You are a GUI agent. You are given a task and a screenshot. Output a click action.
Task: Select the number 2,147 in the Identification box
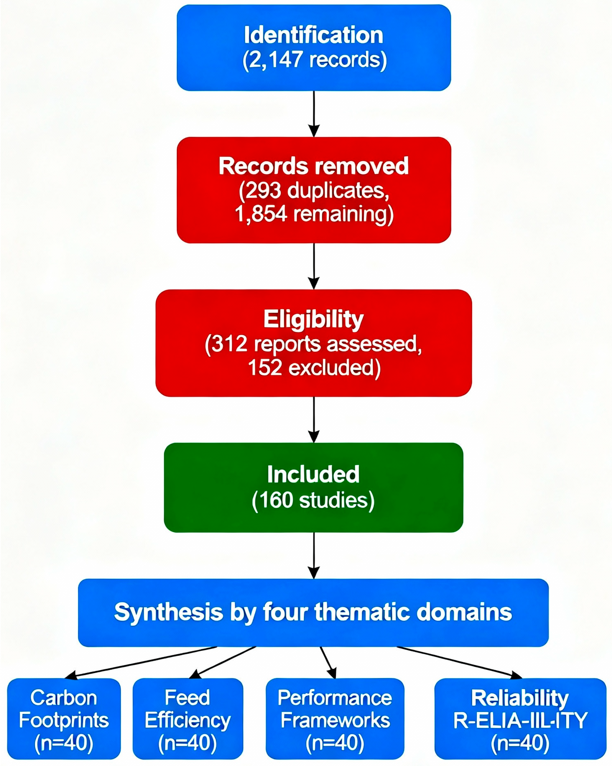tap(275, 60)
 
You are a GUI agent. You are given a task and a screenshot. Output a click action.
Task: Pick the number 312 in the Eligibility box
tap(230, 344)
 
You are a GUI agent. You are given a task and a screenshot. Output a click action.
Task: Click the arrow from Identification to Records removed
tap(314, 114)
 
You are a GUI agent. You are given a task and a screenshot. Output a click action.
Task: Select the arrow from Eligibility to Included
tap(314, 419)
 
